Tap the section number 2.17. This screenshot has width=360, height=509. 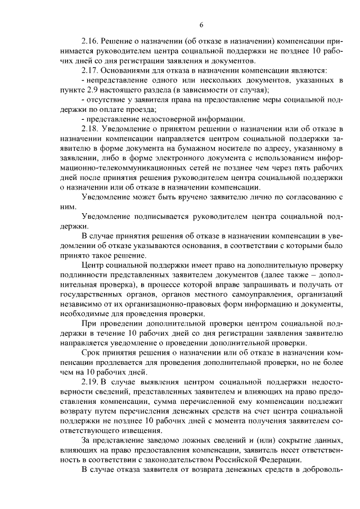point(90,70)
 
